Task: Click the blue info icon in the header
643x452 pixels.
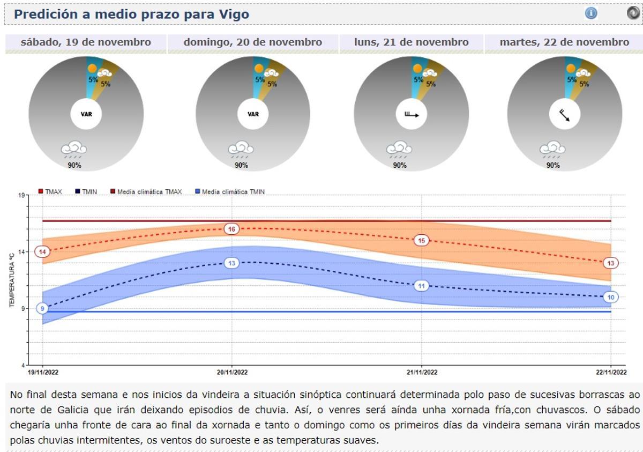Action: [x=591, y=13]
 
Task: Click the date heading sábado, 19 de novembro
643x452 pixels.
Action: [x=86, y=42]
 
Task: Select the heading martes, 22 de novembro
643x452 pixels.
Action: [x=564, y=42]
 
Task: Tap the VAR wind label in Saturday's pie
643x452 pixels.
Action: [x=86, y=114]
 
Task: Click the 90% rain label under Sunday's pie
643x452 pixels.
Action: [x=241, y=165]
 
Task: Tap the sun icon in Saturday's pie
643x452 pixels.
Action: [x=92, y=69]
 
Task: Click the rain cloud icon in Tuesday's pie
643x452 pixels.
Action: [x=552, y=149]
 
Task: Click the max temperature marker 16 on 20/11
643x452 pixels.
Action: [x=232, y=229]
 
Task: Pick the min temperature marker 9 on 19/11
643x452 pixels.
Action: [x=42, y=308]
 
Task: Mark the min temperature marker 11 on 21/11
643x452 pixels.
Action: [x=422, y=286]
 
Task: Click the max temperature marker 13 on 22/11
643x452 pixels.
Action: [x=611, y=263]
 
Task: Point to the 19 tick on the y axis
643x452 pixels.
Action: [x=21, y=195]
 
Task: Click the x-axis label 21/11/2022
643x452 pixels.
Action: [x=422, y=372]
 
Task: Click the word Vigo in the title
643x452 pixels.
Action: [x=234, y=14]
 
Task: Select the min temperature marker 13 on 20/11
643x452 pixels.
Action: [x=232, y=263]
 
